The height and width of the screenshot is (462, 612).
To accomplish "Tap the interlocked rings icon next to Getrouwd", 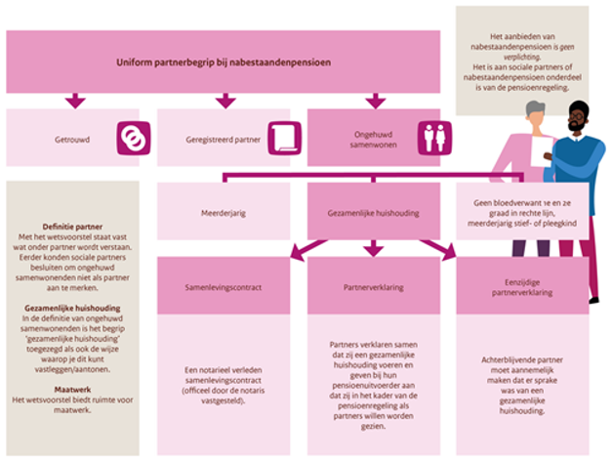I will [x=130, y=138].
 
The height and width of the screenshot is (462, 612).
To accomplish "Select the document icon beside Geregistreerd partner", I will [x=280, y=138].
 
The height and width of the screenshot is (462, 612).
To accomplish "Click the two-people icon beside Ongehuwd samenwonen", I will [x=431, y=138].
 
